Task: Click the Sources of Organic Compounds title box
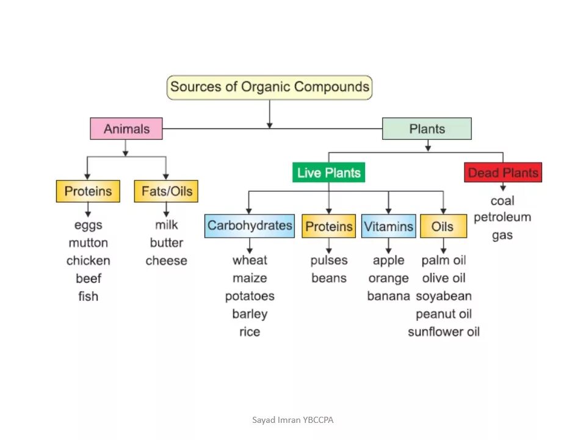[x=269, y=87]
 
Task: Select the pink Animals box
[x=126, y=129]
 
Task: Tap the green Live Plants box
[x=328, y=173]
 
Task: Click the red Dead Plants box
[x=503, y=173]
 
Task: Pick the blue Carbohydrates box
[x=250, y=226]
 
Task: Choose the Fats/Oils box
[x=167, y=191]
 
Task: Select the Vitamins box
[x=389, y=226]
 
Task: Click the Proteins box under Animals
[x=88, y=191]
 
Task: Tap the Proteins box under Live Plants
[x=329, y=227]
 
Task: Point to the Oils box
[x=443, y=227]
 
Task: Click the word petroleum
[x=502, y=218]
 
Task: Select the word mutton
[x=88, y=243]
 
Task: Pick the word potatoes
[x=250, y=296]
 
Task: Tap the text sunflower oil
[x=444, y=332]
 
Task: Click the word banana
[x=388, y=296]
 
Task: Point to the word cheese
[x=166, y=261]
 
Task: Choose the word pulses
[x=328, y=260]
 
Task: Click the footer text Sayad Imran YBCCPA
[x=293, y=420]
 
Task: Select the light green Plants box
[x=427, y=129]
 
